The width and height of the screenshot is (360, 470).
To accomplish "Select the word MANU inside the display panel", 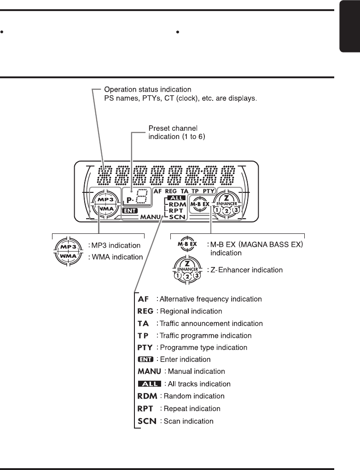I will (151, 216).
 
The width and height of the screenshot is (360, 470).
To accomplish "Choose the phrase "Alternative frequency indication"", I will (210, 299).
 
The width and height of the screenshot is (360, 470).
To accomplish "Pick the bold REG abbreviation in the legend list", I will (145, 311).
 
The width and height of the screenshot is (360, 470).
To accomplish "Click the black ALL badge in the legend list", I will (149, 383).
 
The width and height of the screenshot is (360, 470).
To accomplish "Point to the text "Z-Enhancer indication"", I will (247, 270).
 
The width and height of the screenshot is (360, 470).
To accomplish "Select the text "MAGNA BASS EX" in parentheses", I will (273, 244).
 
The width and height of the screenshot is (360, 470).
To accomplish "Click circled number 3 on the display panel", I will (236, 210).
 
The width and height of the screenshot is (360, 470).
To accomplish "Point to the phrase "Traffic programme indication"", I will (204, 336).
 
